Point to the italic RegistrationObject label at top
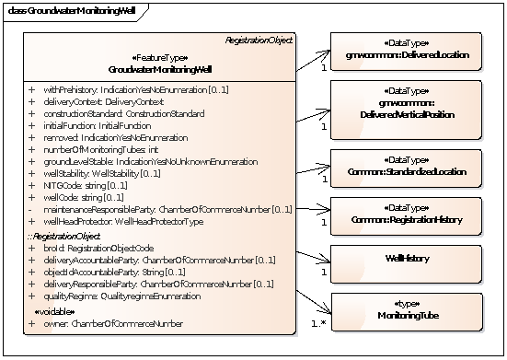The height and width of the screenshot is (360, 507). tap(259, 41)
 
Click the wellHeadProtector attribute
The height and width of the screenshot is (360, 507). tap(121, 222)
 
